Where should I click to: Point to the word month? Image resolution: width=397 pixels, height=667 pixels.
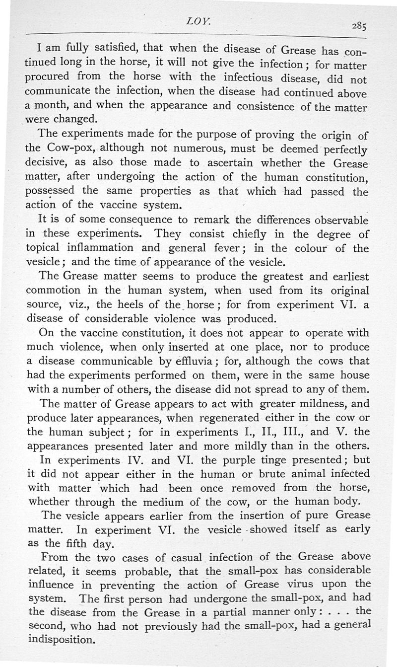53,106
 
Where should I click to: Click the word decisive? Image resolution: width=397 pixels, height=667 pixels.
49,163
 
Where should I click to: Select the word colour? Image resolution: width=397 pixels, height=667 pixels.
323,248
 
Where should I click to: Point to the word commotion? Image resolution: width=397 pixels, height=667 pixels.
53,290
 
